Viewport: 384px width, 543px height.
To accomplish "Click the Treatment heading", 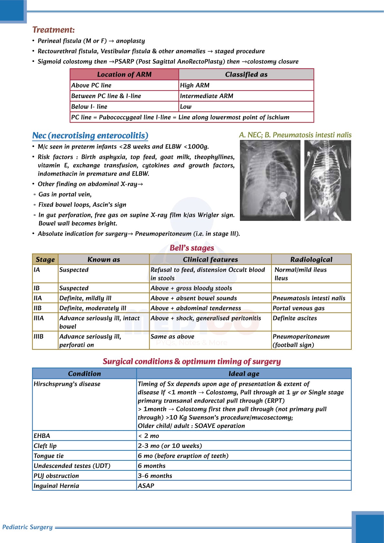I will (54, 30).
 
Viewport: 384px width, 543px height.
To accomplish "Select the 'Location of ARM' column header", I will (124, 74).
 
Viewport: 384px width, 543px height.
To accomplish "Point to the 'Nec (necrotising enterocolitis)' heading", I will (90, 136).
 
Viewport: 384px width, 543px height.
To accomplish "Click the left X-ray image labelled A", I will (270, 180).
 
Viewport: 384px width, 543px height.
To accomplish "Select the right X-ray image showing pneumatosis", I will (328, 180).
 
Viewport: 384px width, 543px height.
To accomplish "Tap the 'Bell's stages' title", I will (192, 248).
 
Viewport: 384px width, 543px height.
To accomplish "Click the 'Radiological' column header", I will (311, 260).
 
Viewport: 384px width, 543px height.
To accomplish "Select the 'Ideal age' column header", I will (244, 374).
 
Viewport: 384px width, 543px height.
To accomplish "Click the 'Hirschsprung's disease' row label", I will (67, 384).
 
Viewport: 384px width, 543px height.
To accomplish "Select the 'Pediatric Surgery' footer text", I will (27, 527).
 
